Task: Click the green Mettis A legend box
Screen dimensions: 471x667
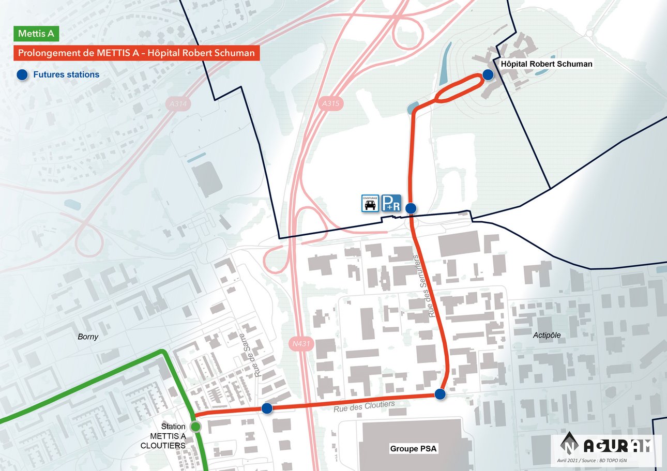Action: pyautogui.click(x=36, y=34)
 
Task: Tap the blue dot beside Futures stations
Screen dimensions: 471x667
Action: pyautogui.click(x=22, y=75)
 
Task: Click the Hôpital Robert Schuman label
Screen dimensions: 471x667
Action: pyautogui.click(x=547, y=64)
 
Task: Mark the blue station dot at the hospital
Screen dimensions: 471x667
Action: pyautogui.click(x=488, y=75)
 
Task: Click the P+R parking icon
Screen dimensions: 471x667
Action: pyautogui.click(x=391, y=203)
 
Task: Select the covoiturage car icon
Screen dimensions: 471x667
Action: pyautogui.click(x=370, y=203)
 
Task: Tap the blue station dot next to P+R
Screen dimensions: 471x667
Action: pyautogui.click(x=411, y=208)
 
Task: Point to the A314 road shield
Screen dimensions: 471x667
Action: pyautogui.click(x=180, y=104)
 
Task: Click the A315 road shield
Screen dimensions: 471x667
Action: pyautogui.click(x=330, y=104)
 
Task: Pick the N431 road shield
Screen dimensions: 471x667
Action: pyautogui.click(x=300, y=343)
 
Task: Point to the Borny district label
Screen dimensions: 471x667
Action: pyautogui.click(x=88, y=337)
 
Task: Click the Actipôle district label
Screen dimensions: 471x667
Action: pyautogui.click(x=547, y=336)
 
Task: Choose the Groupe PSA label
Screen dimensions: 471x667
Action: pyautogui.click(x=414, y=449)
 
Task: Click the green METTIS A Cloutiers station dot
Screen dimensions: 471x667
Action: pyautogui.click(x=195, y=427)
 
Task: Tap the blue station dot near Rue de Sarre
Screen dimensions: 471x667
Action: pyautogui.click(x=267, y=409)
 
